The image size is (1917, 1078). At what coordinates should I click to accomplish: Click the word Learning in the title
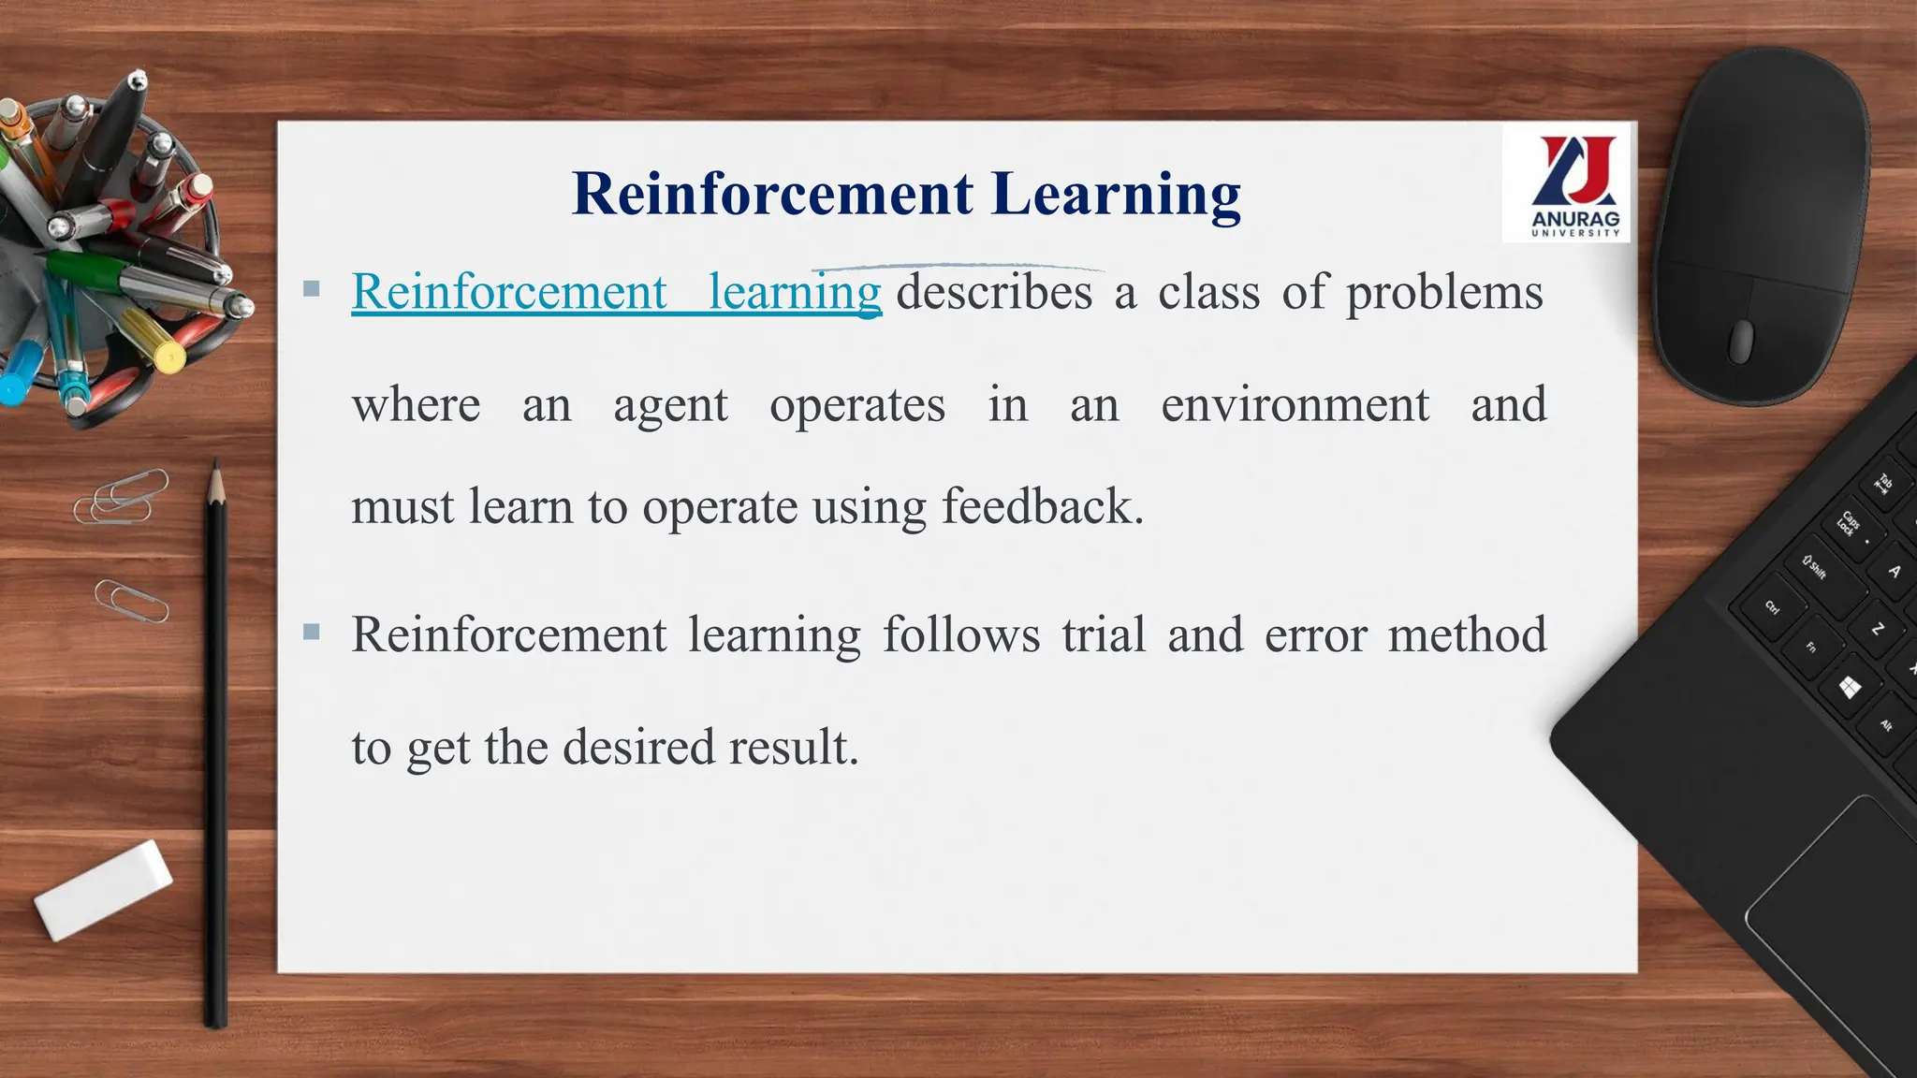coord(1116,195)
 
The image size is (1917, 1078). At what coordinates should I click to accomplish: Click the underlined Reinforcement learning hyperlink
coord(616,292)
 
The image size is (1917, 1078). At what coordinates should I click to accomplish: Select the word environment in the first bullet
coord(1295,405)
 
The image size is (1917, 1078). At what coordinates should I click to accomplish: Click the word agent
coord(670,405)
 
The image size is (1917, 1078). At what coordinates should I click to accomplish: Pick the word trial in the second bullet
coord(1104,634)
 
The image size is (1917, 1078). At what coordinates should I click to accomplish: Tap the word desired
coord(638,748)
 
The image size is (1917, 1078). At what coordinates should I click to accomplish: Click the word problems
coord(1443,292)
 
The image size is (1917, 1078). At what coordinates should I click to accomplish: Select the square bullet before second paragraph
coord(312,633)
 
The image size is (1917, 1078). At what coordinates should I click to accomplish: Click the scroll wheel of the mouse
coord(1740,341)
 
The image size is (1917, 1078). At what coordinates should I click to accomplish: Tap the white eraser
coord(104,889)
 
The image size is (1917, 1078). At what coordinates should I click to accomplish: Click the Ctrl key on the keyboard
coord(1772,607)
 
